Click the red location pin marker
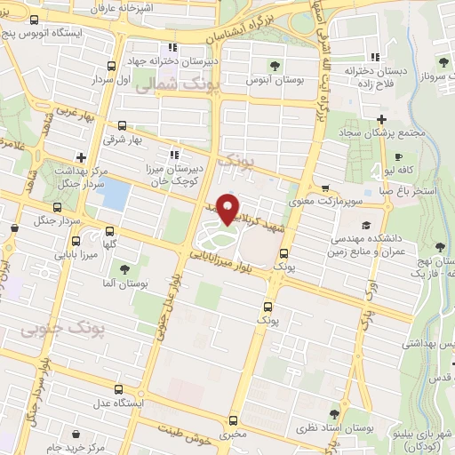228,208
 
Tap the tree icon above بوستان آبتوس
275,65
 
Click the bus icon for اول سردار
111,66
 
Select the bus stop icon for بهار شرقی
121,125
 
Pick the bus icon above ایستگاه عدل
123,388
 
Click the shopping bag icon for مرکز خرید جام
75,435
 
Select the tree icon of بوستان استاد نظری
333,413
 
